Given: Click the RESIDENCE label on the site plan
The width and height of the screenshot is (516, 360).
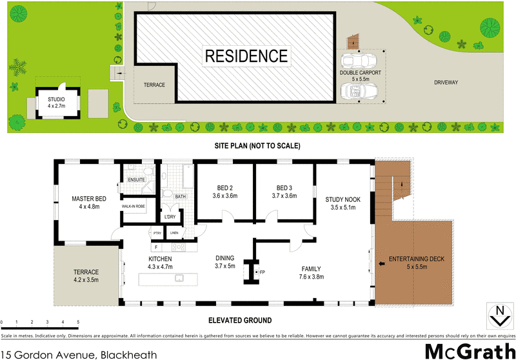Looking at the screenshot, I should tap(246, 55).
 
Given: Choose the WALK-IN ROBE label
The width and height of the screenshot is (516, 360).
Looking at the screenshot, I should tap(135, 206).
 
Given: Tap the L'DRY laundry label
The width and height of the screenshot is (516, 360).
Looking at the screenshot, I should tap(170, 217).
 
